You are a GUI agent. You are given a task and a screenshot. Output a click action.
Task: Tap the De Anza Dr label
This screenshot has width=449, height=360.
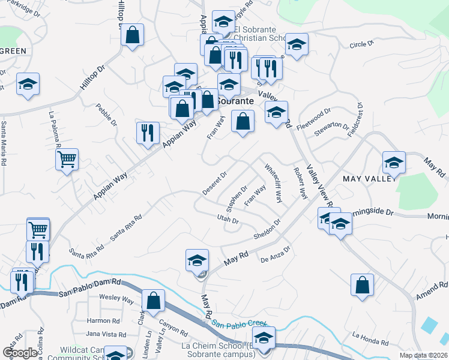tap(276, 254)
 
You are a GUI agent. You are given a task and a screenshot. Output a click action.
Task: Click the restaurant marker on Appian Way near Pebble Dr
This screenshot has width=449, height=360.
tap(148, 133)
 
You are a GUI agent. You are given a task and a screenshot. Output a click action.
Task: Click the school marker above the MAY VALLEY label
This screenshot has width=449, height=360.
tap(394, 162)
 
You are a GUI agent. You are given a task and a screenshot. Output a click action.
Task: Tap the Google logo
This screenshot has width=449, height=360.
tap(20, 353)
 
